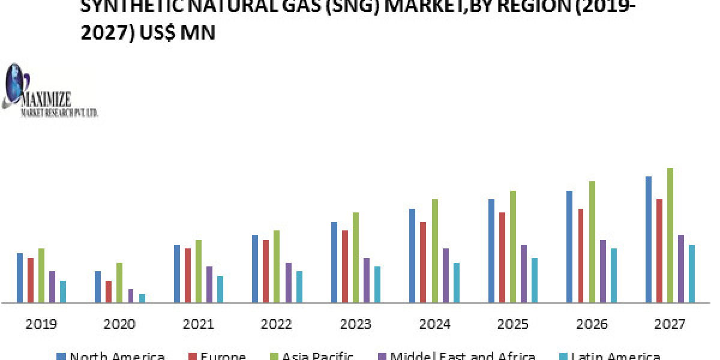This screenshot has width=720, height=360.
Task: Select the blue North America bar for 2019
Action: point(20,278)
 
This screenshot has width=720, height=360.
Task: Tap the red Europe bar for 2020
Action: point(109,292)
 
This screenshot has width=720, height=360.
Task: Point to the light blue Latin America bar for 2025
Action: point(534,280)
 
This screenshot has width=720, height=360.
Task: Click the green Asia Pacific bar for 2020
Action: point(119,283)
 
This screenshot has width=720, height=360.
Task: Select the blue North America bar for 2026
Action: point(569,247)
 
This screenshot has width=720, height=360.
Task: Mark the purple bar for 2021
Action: point(209,284)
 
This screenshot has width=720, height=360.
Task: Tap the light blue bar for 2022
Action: point(299,287)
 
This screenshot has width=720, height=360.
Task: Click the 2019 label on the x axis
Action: point(41,325)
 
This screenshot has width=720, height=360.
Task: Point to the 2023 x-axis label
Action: point(355,325)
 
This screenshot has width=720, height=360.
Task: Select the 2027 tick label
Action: point(670,325)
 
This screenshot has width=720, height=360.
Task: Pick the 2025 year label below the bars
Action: point(513,325)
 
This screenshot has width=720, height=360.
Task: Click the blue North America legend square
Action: point(61,356)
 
